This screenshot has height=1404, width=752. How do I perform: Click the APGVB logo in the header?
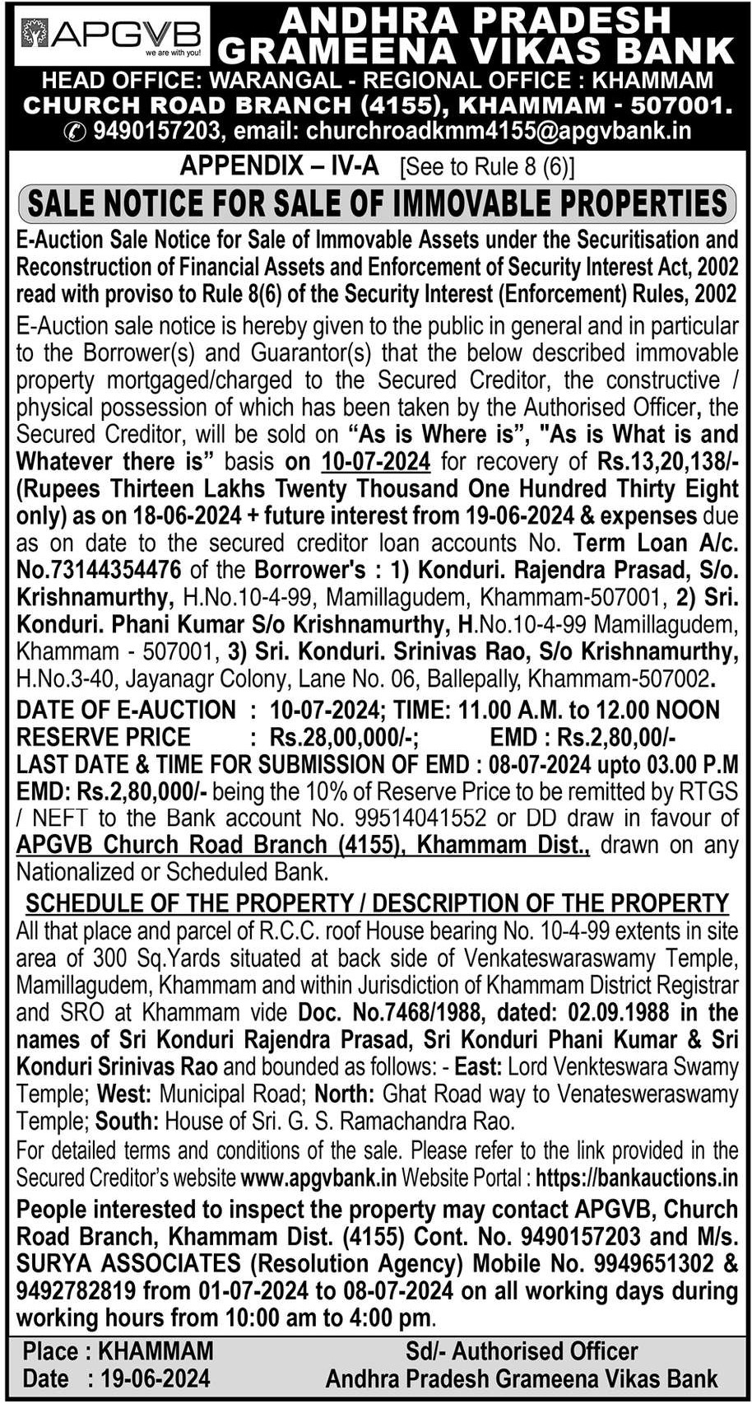[x=112, y=35]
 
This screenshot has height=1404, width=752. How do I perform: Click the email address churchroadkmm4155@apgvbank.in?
[x=498, y=130]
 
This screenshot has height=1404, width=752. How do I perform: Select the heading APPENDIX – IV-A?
[x=279, y=166]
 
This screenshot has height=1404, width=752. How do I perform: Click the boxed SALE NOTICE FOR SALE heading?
[x=378, y=203]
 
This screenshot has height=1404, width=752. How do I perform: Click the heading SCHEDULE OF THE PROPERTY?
[x=378, y=903]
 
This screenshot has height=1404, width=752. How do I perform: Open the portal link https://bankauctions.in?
[x=636, y=1178]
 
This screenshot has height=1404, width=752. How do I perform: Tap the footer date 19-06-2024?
[x=156, y=1378]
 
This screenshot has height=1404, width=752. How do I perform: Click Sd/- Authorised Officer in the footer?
[x=521, y=1351]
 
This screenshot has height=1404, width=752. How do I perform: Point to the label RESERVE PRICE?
[x=104, y=737]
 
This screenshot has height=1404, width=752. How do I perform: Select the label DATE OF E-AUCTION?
[x=126, y=710]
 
